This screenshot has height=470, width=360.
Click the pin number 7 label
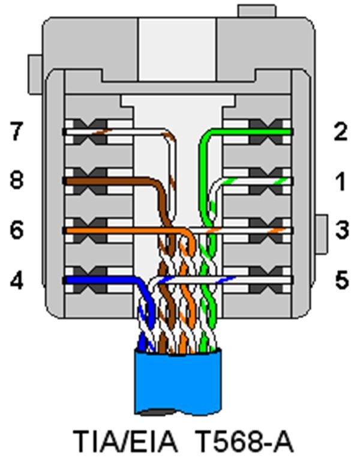17,131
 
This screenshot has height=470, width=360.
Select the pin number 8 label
17,180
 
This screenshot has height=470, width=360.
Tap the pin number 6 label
17,230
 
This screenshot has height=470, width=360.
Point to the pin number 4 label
17,280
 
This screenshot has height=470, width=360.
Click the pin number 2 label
341,131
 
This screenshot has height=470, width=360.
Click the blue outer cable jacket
179,381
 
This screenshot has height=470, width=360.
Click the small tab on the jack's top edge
256,10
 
